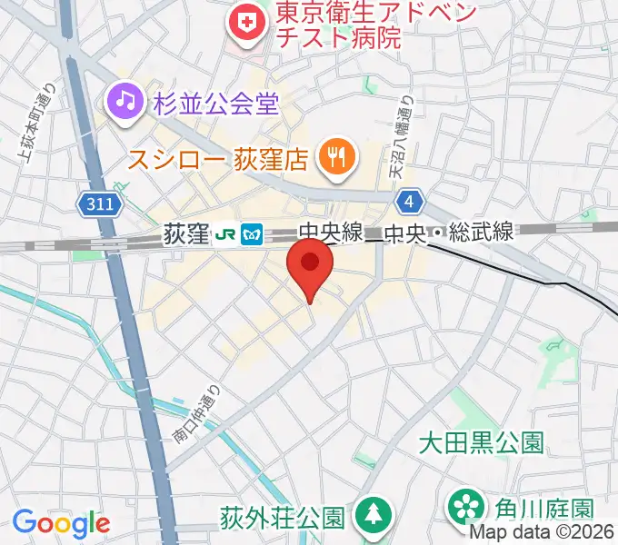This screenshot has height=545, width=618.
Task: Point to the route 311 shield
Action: pyautogui.click(x=95, y=205)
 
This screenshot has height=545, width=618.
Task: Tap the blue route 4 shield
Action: pyautogui.click(x=412, y=200)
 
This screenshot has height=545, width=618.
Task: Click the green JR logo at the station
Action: pyautogui.click(x=225, y=234)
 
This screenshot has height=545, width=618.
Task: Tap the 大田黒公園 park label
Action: pyautogui.click(x=481, y=442)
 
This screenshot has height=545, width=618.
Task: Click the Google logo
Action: pyautogui.click(x=61, y=523)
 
